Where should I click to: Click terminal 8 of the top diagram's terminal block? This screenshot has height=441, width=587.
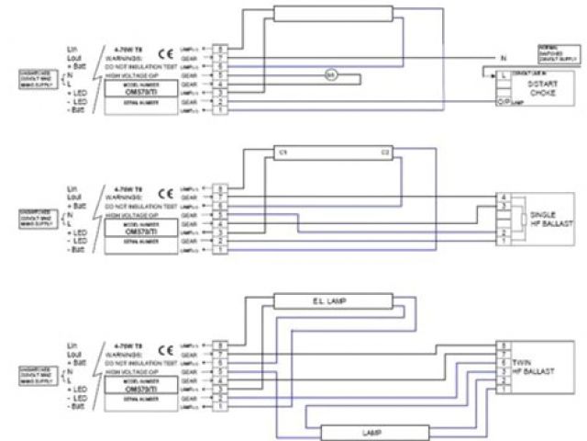tap(218, 48)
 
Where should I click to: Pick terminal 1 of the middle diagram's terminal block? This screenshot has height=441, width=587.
tap(218, 249)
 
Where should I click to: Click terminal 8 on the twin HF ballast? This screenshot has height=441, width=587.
tap(503, 345)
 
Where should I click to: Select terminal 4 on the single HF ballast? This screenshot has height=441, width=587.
tap(503, 198)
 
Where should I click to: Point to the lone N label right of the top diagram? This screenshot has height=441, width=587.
tap(503, 59)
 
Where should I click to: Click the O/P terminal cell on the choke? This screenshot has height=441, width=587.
tap(503, 102)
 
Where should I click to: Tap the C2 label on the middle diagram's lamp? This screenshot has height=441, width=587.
tap(386, 151)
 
